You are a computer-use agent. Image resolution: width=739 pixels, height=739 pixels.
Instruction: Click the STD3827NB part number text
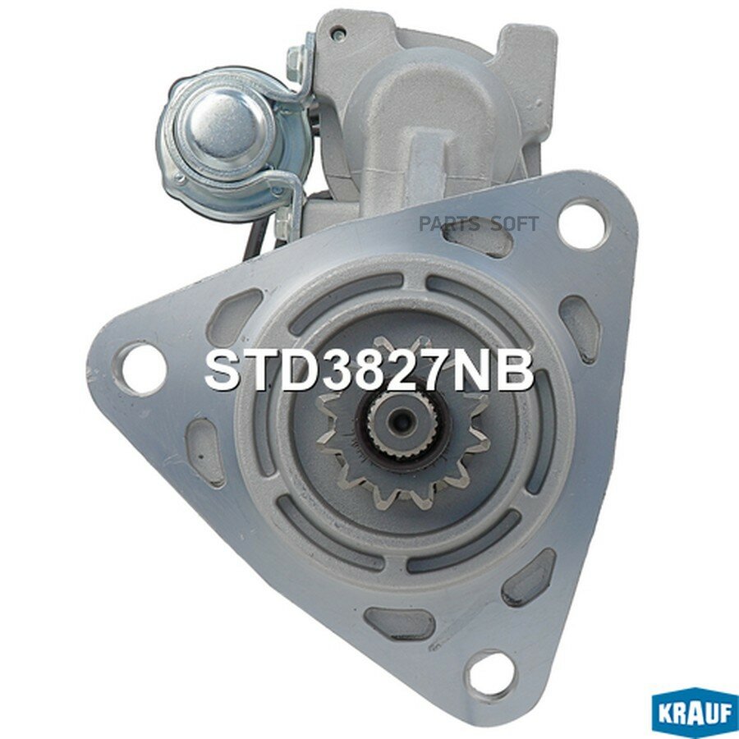coord(369,371)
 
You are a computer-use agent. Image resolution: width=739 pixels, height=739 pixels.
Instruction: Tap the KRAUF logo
coord(693,714)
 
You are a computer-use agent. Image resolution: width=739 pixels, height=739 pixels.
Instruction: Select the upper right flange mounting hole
coord(581,224)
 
